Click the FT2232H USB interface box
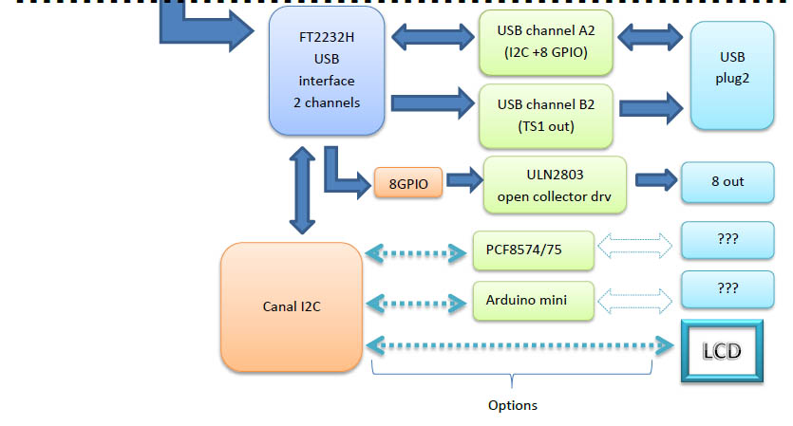click(328, 71)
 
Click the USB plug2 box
click(732, 76)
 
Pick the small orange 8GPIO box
click(408, 181)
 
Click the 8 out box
click(727, 180)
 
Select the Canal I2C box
click(292, 306)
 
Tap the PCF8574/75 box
click(534, 250)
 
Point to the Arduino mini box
click(534, 300)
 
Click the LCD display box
click(722, 350)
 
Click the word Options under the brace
click(513, 405)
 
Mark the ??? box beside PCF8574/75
click(728, 241)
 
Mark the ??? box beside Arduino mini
click(728, 288)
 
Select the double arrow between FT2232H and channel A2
click(432, 39)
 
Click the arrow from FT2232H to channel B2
click(432, 101)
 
